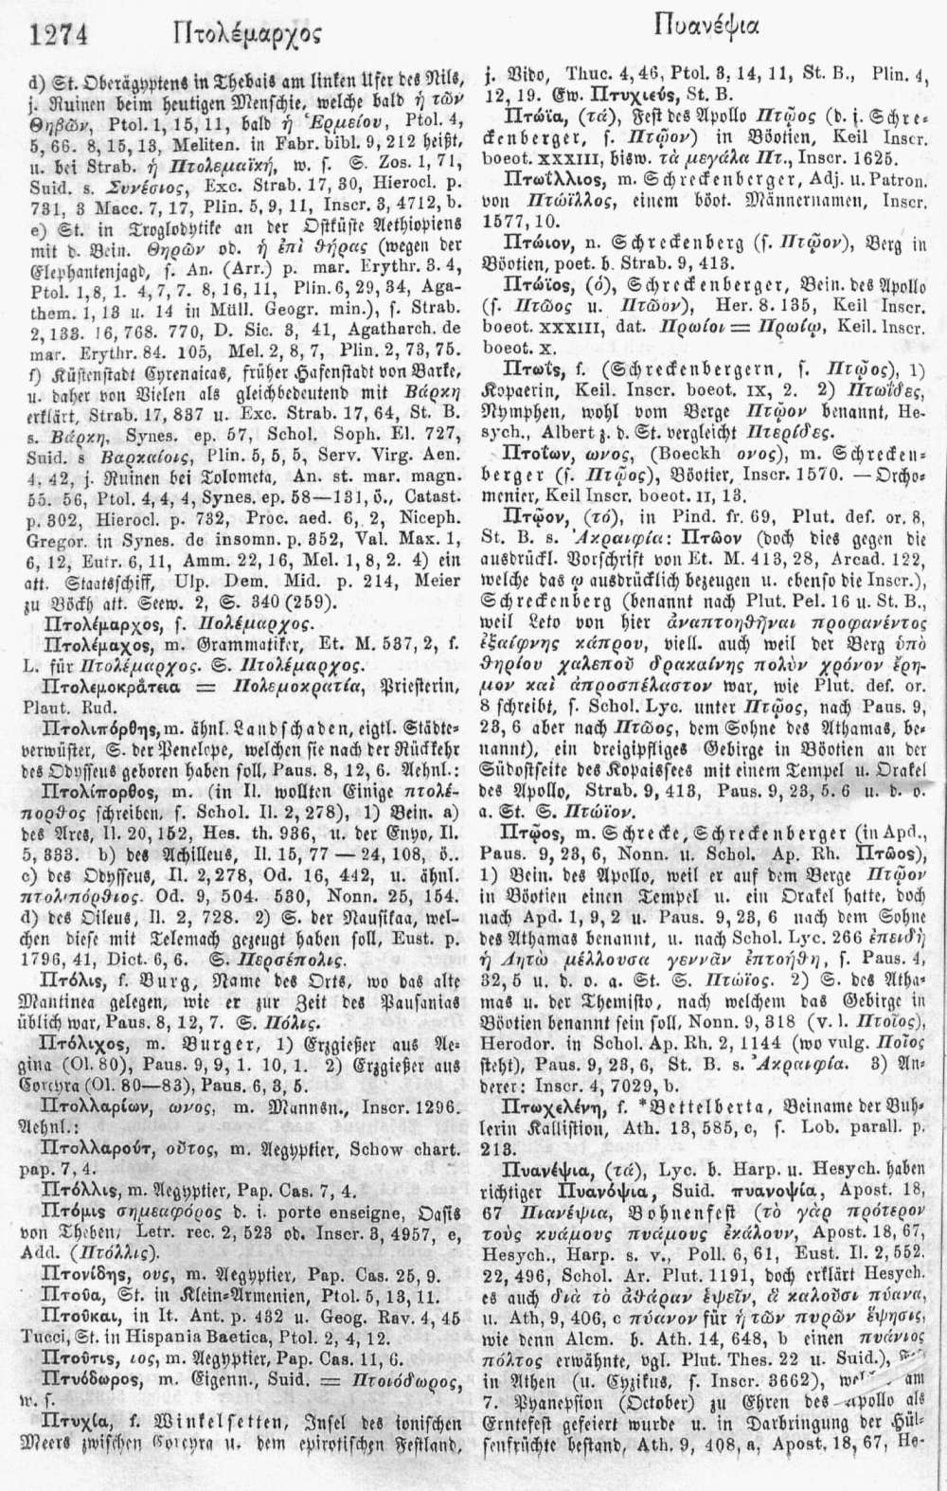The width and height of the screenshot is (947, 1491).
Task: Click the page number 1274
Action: point(59,35)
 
